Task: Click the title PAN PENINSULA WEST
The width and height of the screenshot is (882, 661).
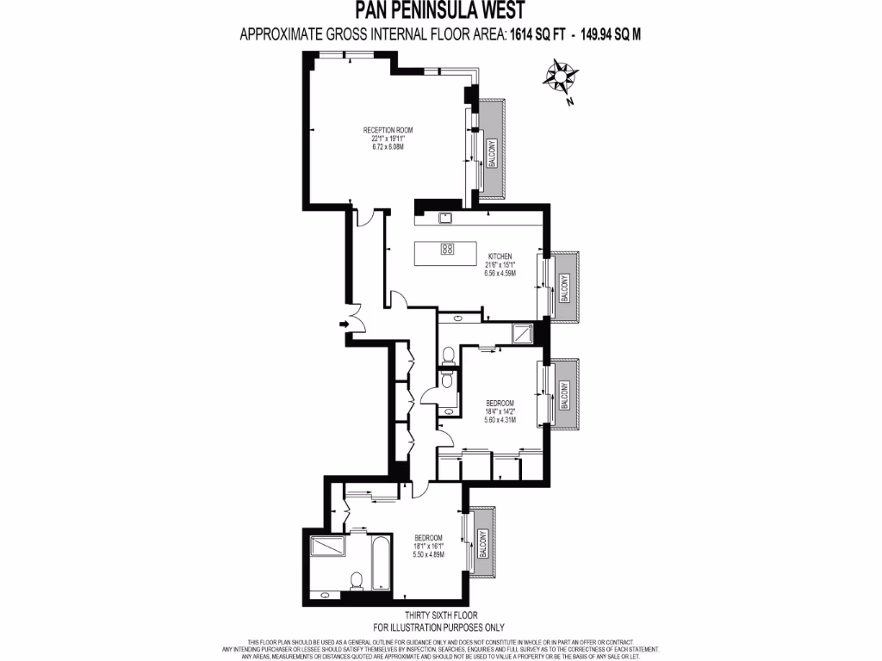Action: point(440,11)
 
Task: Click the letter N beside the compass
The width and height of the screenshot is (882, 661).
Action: point(570,102)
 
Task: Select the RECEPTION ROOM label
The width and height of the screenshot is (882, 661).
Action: point(388,130)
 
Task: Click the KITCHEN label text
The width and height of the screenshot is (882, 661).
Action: point(500,256)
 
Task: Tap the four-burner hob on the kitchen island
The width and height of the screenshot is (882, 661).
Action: point(448,249)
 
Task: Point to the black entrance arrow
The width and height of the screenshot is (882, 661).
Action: point(343,324)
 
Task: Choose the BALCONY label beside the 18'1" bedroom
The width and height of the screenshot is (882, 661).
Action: point(481,544)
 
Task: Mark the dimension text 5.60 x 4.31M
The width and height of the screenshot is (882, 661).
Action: point(500,420)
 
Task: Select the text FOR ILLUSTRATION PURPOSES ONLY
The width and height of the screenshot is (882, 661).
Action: point(440,628)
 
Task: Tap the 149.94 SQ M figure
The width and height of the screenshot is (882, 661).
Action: point(606,34)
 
